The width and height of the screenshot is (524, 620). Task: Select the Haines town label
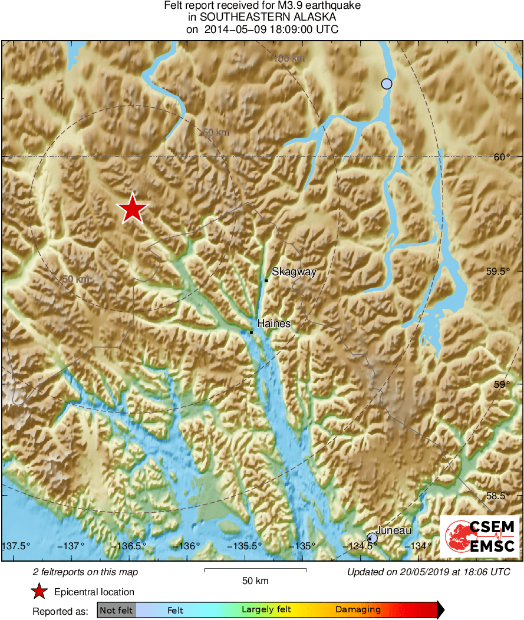click(273, 324)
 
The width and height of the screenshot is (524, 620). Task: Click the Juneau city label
click(393, 530)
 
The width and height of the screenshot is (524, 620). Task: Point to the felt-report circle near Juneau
click(372, 537)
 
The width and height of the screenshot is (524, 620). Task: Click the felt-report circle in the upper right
click(387, 84)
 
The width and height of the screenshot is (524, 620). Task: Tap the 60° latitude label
click(502, 157)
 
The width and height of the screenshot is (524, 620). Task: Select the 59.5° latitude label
click(499, 272)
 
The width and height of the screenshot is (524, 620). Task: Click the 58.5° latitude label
click(499, 496)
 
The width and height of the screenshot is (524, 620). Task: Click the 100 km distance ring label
click(290, 58)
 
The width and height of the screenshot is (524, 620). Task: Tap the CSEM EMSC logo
click(479, 536)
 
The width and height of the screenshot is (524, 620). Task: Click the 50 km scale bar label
click(255, 581)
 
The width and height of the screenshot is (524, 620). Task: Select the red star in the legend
click(39, 592)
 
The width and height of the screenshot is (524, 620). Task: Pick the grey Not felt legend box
click(116, 610)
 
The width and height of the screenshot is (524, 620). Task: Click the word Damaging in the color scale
click(358, 610)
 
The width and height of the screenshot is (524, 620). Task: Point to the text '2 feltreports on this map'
click(85, 572)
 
